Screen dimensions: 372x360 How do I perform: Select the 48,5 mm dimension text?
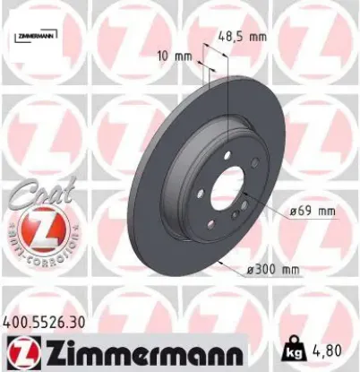243,38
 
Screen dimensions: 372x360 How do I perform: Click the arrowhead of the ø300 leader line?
219,263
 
